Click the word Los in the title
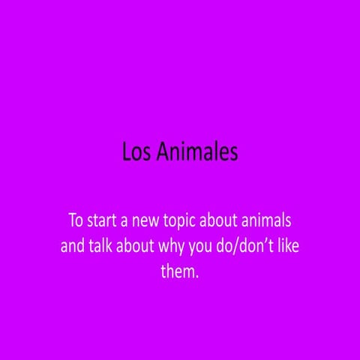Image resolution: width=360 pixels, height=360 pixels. click(x=137, y=152)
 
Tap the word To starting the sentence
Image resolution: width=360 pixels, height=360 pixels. click(x=76, y=222)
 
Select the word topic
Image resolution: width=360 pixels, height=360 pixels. click(x=190, y=223)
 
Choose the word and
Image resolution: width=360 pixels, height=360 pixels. click(x=72, y=247)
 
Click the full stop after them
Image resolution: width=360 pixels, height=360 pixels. click(x=198, y=275)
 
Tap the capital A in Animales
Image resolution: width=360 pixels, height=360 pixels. click(x=163, y=152)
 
